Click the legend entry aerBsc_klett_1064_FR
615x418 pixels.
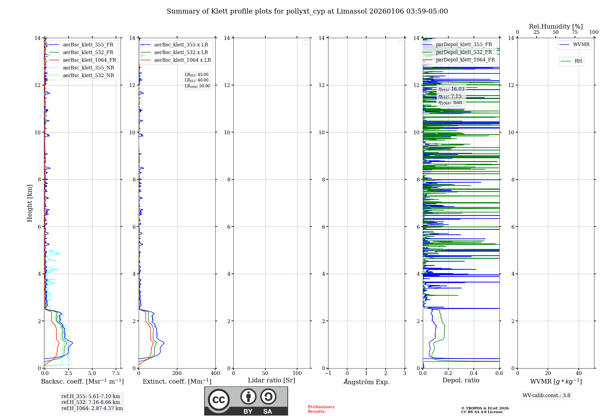89,60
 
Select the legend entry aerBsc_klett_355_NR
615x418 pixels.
88,68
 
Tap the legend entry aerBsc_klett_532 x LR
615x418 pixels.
181,53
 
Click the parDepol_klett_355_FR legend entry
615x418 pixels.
464,45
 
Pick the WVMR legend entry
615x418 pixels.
581,45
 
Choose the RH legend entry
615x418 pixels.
578,61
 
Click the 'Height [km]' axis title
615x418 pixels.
30,203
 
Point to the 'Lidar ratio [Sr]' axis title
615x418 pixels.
272,381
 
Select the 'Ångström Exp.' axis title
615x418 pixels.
366,382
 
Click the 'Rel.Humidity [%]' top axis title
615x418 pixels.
556,26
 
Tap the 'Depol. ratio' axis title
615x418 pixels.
461,381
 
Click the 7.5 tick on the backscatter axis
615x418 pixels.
116,373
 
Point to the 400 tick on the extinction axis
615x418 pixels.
215,373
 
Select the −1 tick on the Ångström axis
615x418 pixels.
328,373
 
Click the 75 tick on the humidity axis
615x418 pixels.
574,32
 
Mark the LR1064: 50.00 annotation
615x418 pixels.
197,86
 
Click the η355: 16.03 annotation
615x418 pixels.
451,89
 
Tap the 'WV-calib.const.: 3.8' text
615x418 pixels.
546,396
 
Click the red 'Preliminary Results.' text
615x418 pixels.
321,409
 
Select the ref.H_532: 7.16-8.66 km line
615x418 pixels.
91,402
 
